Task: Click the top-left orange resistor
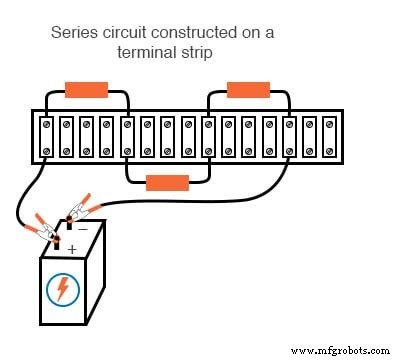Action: (86, 89)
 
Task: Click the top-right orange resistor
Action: (249, 89)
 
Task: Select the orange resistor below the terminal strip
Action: (167, 182)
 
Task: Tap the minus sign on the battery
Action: (83, 228)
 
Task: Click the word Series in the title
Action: (72, 33)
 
